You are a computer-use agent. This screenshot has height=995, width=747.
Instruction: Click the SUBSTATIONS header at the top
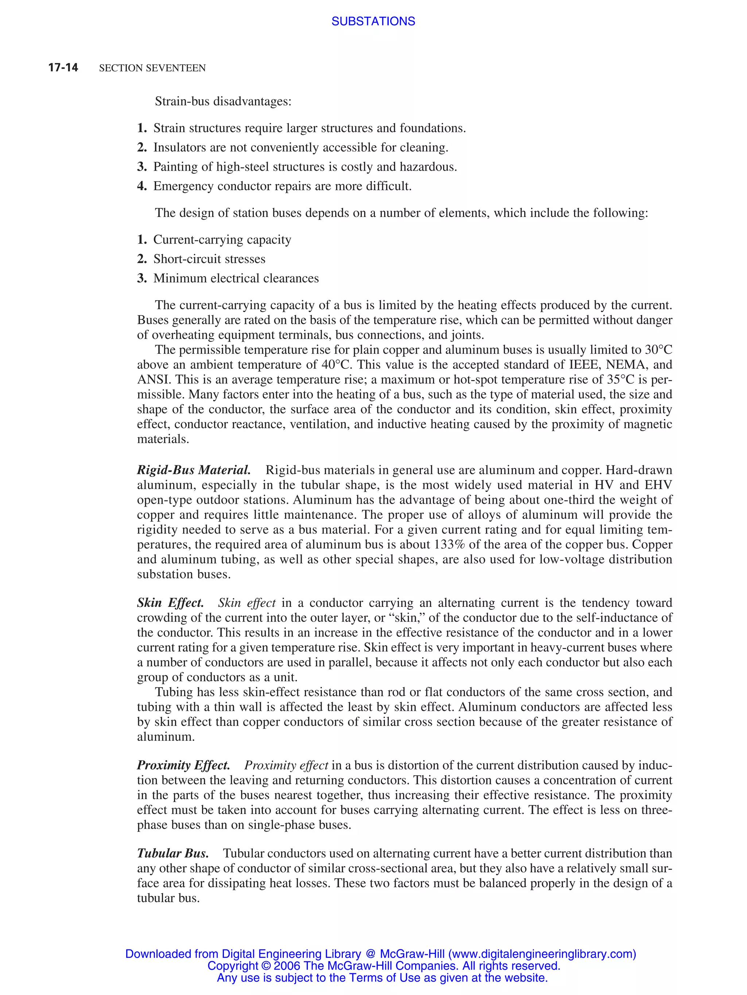[373, 21]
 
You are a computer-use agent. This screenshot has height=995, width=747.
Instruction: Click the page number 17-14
[63, 67]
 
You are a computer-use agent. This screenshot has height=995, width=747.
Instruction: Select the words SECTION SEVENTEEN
[152, 68]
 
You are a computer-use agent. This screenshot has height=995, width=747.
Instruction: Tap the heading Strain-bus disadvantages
[223, 101]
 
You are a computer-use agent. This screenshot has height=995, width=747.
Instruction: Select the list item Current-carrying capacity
[222, 240]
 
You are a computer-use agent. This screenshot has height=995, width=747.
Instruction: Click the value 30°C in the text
[658, 350]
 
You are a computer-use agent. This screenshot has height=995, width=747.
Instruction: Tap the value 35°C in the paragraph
[621, 380]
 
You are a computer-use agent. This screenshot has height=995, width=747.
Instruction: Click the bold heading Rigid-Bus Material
[194, 470]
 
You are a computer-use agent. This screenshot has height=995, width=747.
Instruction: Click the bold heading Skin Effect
[170, 603]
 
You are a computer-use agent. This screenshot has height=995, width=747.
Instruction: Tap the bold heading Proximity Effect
[183, 765]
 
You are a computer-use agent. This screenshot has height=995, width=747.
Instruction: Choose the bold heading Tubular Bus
[173, 853]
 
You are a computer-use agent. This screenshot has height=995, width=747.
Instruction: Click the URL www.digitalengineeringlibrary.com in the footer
[542, 954]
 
